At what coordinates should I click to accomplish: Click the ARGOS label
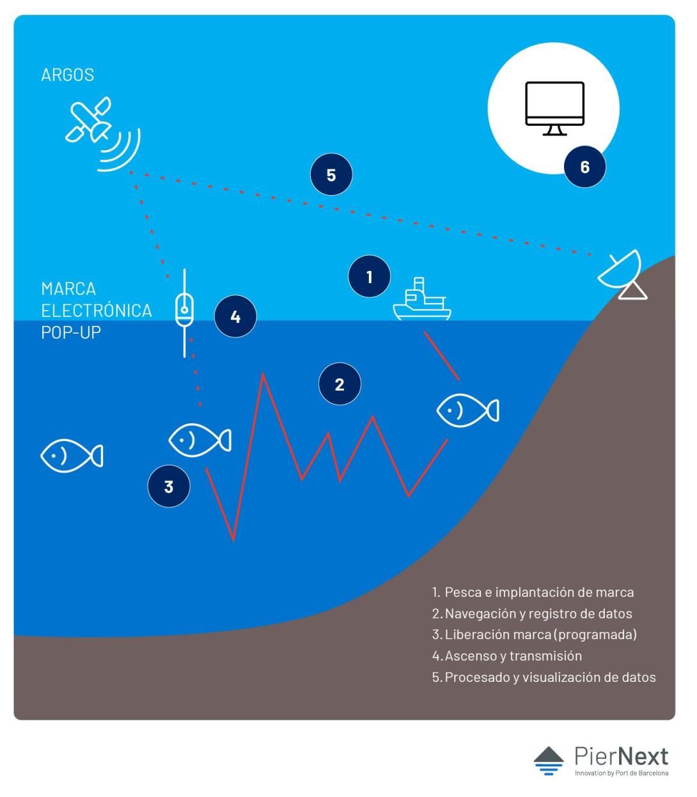coord(67,75)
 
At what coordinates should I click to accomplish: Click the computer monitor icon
coord(554,108)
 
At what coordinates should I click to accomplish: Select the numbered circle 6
coord(584,167)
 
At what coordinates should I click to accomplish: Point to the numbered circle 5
coord(331,174)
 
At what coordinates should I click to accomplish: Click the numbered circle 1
coord(369,277)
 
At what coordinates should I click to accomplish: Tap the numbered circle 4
coord(235,316)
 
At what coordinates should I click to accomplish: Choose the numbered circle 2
coord(340,384)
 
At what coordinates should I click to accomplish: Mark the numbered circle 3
coord(169,486)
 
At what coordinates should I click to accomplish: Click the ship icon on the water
coord(422,299)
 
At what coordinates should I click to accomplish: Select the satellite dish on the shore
coord(622,275)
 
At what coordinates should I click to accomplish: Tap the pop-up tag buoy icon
coord(184,313)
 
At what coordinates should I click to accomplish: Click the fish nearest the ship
coord(467,410)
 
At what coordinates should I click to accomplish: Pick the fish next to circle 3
coord(200,440)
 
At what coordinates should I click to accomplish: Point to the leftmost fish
coord(72,456)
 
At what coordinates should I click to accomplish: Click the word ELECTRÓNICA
coord(96,311)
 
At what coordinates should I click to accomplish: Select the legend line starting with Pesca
coord(533,592)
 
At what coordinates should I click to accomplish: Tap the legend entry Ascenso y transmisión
coord(507,656)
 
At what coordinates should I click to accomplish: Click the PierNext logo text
coord(622,757)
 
